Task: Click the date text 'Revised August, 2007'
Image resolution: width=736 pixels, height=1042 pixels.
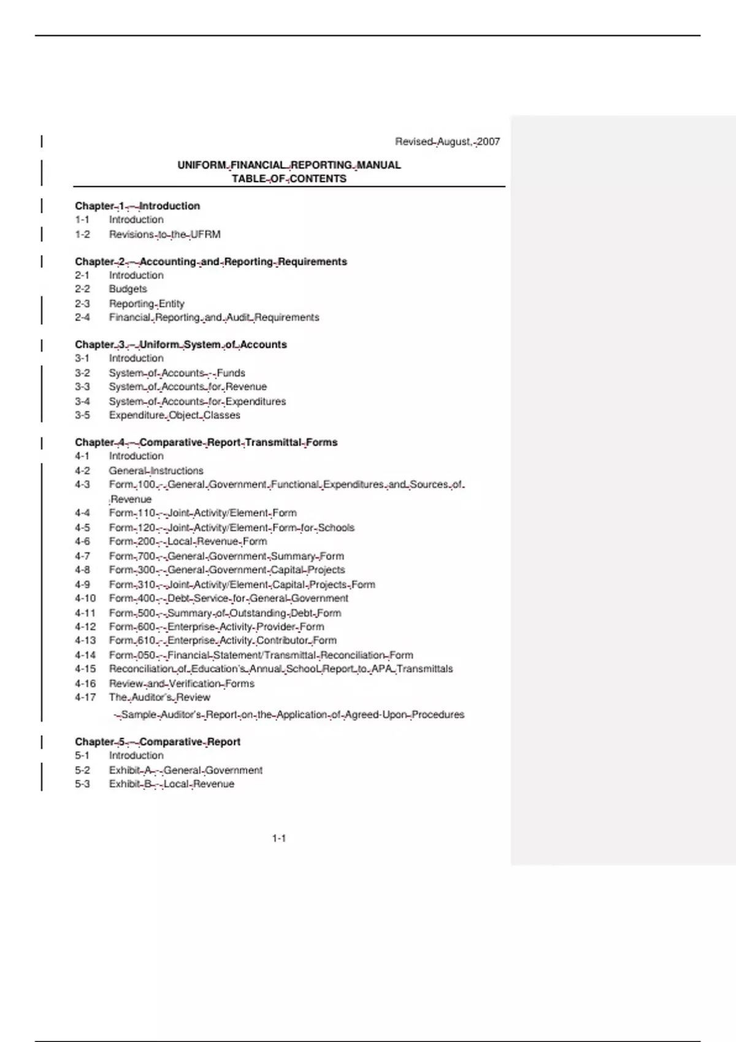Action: [447, 142]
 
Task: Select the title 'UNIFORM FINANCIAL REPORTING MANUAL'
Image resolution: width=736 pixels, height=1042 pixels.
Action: [289, 165]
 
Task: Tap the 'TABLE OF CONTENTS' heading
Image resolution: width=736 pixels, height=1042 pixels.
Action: [289, 179]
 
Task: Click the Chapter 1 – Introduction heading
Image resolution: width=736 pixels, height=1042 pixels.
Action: [137, 206]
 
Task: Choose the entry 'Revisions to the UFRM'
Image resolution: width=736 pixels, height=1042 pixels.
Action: [164, 234]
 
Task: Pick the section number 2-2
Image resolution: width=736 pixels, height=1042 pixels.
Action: [82, 289]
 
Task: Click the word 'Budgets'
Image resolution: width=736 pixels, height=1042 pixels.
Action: [128, 289]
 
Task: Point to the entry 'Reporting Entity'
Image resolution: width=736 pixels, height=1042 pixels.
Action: [147, 303]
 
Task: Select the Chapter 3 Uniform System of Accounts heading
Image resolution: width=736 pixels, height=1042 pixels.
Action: [181, 344]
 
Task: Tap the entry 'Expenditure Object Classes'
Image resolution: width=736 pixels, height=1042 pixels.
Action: [174, 415]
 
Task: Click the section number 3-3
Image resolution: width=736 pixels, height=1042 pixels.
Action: [82, 387]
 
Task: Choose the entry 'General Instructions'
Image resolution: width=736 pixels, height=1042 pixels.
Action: [156, 471]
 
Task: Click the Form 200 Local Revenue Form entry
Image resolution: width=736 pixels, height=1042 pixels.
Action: [188, 541]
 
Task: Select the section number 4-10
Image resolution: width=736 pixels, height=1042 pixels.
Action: [85, 598]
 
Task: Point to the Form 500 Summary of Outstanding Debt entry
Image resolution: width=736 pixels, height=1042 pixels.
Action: [224, 613]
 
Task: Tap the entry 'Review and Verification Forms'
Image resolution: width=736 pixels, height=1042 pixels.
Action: [182, 683]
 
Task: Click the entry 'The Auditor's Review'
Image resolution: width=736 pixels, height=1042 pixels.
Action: [159, 697]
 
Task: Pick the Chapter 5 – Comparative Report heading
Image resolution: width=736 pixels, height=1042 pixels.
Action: [158, 742]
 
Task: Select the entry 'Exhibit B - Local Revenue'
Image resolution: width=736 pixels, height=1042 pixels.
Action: [171, 784]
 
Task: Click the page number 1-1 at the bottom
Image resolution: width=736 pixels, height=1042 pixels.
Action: [279, 839]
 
